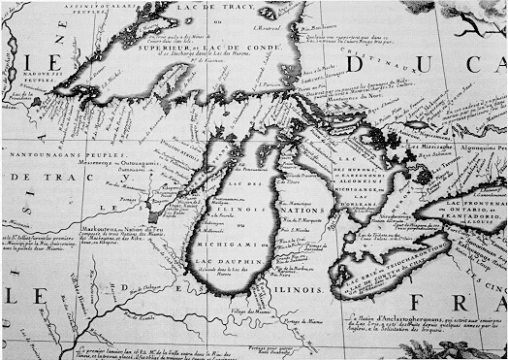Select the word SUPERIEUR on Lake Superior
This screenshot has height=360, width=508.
[161, 44]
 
